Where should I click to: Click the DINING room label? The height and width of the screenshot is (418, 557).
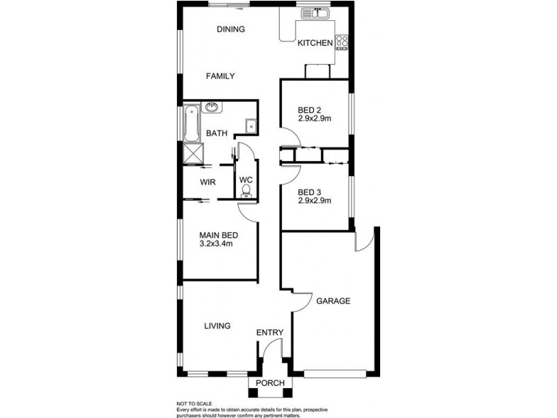click(x=230, y=29)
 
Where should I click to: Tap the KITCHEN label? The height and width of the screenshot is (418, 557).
click(x=315, y=43)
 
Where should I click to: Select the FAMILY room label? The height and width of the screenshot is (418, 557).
click(x=220, y=76)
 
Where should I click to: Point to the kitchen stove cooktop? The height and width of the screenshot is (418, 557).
click(x=342, y=42)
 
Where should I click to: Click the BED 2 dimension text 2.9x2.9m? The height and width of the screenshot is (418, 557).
click(x=314, y=118)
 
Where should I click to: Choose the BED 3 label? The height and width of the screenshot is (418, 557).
click(x=309, y=192)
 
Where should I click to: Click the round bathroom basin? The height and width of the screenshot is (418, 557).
click(x=211, y=107)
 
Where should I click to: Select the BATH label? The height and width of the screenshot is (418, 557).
click(x=217, y=133)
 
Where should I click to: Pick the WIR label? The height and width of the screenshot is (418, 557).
click(x=207, y=182)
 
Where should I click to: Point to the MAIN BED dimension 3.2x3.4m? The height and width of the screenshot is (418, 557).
click(x=216, y=244)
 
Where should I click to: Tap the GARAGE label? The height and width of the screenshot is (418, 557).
click(x=333, y=301)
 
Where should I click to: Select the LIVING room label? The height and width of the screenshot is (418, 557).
click(x=217, y=325)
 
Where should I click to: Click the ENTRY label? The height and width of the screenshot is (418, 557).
click(x=269, y=333)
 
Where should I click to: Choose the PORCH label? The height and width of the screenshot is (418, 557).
click(x=269, y=384)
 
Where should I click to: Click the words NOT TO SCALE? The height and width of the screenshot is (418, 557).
click(x=194, y=403)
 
